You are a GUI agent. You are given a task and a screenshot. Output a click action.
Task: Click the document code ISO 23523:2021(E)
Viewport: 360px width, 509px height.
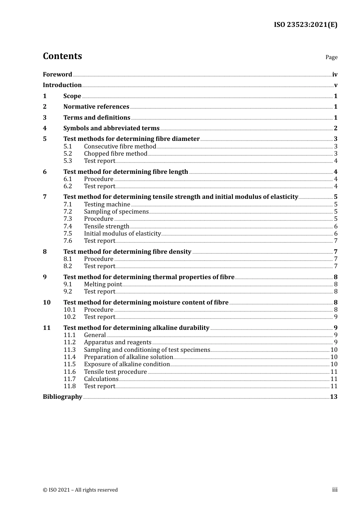[x=305, y=25]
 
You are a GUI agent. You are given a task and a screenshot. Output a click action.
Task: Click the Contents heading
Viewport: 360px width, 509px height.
[x=62, y=56]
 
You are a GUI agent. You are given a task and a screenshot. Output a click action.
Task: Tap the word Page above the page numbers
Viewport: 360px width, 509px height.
[x=331, y=57]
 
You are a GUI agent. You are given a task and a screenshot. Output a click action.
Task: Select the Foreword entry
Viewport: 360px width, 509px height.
[x=57, y=75]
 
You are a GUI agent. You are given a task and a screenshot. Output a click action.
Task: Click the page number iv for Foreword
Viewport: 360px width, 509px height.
[x=335, y=75]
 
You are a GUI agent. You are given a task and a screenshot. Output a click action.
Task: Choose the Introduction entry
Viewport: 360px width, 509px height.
[x=62, y=85]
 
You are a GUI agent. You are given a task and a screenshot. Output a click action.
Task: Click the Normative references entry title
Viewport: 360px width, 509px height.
[x=96, y=107]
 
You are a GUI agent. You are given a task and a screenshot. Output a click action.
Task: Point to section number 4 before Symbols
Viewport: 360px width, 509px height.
[x=45, y=128]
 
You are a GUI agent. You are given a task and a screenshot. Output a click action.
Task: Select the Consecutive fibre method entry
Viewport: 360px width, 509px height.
[x=120, y=147]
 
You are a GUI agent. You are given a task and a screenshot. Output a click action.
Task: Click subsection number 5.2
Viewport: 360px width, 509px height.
[x=68, y=154]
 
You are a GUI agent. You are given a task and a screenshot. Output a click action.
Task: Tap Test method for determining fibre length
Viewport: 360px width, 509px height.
[x=125, y=172]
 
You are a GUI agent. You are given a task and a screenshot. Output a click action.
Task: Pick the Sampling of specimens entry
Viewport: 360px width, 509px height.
[x=116, y=212]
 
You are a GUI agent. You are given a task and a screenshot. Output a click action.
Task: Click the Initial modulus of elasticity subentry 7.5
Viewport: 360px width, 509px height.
[x=122, y=234]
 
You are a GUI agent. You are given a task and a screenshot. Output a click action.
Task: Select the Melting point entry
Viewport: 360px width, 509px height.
[x=103, y=284]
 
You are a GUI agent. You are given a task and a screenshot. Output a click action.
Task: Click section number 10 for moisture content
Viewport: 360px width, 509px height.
[x=47, y=303]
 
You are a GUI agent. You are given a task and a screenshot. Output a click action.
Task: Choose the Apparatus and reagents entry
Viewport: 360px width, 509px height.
[x=117, y=342]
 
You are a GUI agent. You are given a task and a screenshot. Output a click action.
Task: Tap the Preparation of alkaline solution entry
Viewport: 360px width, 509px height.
[x=128, y=357]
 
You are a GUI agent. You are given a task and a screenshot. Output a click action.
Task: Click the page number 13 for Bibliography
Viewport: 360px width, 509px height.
[x=333, y=397]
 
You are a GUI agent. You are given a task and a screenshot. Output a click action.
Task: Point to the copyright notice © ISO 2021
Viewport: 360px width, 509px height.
[x=80, y=490]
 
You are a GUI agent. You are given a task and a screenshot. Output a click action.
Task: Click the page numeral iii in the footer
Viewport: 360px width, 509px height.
[x=335, y=490]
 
